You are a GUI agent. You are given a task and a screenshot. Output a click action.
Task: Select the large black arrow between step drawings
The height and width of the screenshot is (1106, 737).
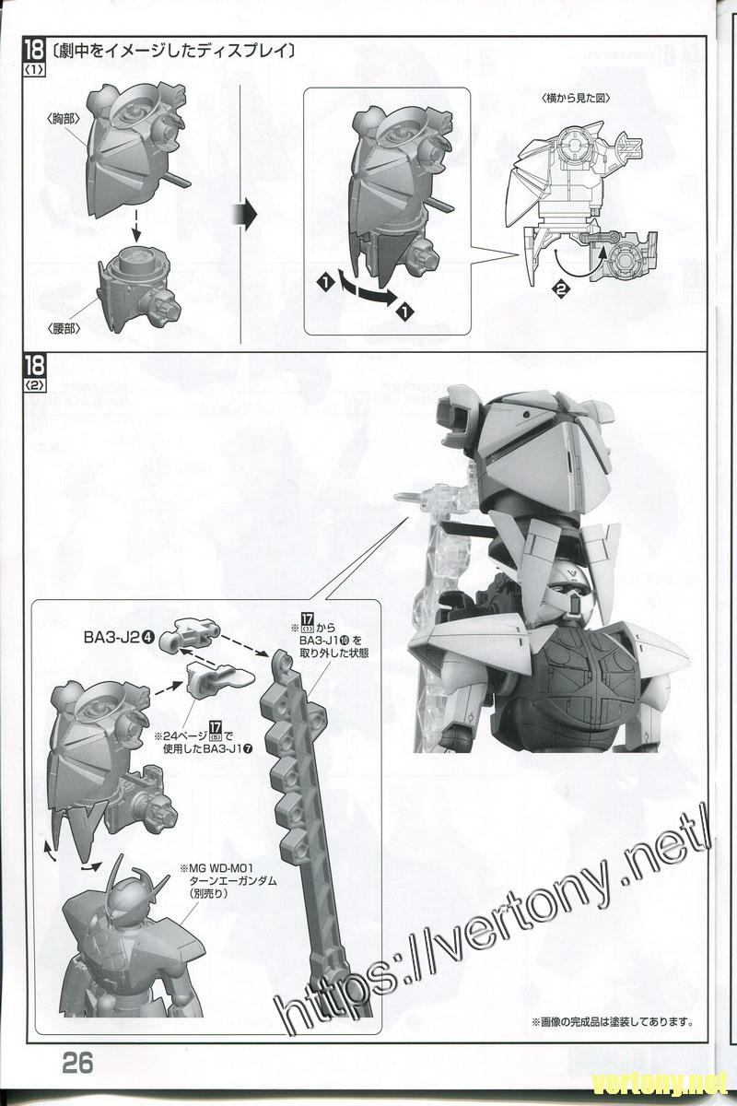pyautogui.click(x=244, y=214)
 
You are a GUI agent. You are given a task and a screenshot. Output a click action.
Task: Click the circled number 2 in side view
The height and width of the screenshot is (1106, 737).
pyautogui.click(x=559, y=288)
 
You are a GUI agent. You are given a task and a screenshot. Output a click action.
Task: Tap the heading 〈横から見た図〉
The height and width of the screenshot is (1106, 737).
pyautogui.click(x=576, y=98)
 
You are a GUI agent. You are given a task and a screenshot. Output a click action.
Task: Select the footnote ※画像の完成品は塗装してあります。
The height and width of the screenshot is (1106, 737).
pyautogui.click(x=610, y=1022)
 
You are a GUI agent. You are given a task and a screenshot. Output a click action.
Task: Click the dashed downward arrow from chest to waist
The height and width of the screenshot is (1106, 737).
pyautogui.click(x=135, y=222)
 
